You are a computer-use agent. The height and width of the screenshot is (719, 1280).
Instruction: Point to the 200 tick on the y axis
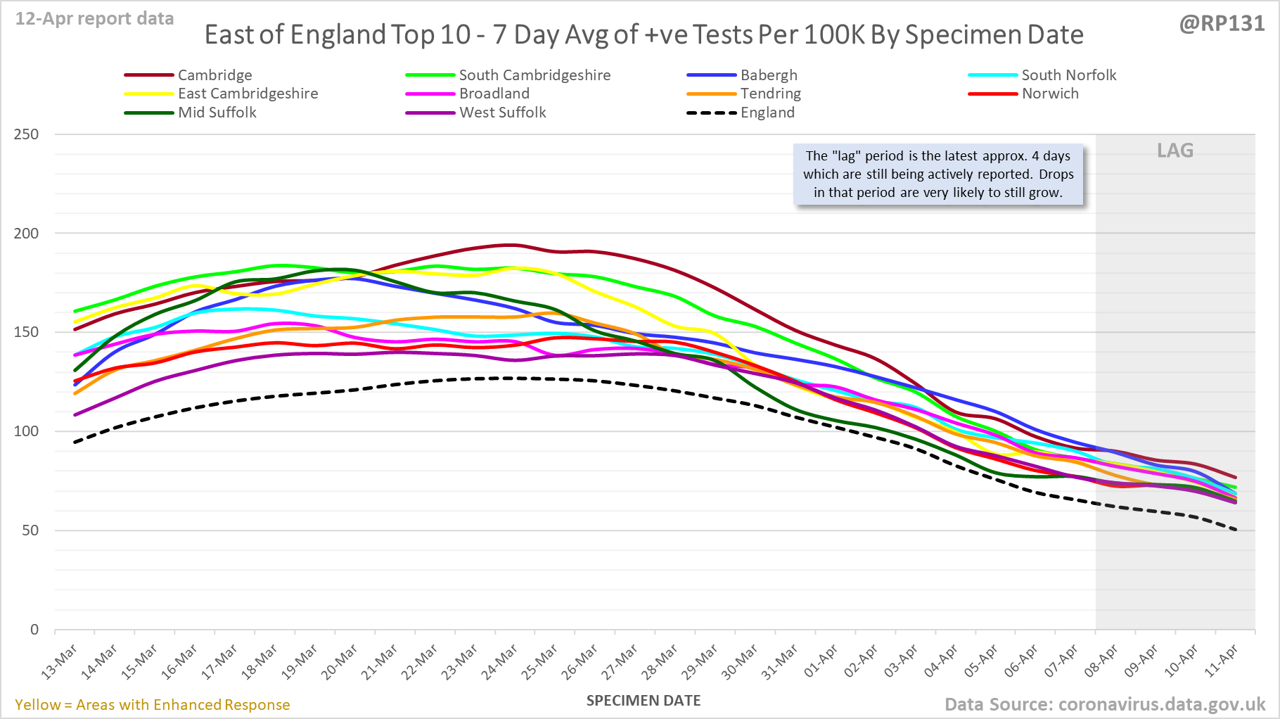(x=26, y=234)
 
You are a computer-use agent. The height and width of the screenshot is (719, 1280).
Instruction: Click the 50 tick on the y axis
(x=30, y=530)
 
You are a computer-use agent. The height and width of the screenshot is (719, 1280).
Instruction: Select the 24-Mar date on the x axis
(x=499, y=662)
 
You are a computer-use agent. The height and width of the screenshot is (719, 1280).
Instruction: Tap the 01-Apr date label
(x=821, y=662)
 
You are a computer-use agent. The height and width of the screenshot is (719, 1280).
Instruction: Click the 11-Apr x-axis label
(x=1222, y=662)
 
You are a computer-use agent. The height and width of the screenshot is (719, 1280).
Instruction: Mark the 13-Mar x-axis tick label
(x=59, y=662)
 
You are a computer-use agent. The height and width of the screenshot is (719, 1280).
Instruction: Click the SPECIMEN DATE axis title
(x=644, y=701)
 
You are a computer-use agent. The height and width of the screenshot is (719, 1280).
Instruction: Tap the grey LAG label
(x=1175, y=151)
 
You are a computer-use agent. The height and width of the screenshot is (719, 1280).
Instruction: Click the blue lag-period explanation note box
(x=938, y=174)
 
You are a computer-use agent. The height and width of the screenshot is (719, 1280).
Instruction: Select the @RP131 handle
(x=1222, y=24)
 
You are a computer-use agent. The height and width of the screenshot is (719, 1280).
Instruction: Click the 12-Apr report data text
(x=94, y=19)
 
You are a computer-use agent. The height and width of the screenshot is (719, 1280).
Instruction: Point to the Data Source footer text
(x=1104, y=704)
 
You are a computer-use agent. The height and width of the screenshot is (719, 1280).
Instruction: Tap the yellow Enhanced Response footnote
(x=153, y=705)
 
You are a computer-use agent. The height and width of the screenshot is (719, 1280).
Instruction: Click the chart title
(x=644, y=34)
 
